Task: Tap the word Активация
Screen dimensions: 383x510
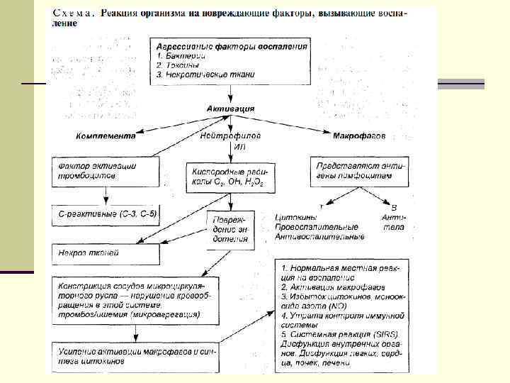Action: point(230,109)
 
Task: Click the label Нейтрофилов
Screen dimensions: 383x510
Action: point(230,133)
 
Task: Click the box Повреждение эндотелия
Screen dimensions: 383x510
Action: point(230,229)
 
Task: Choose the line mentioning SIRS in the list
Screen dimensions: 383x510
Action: point(340,335)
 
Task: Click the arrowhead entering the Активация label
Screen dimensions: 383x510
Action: point(230,99)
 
